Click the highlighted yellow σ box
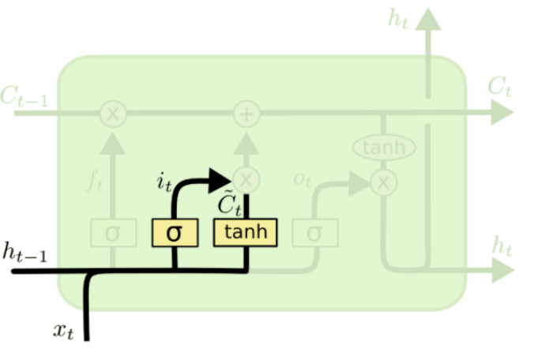174,233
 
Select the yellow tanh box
246,232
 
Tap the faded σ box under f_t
112,234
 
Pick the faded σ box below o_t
314,233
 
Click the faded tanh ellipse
384,148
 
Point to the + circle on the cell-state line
247,114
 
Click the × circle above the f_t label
113,114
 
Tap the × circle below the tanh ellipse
384,183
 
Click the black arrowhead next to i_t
220,180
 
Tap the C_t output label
499,86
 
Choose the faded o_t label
303,179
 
